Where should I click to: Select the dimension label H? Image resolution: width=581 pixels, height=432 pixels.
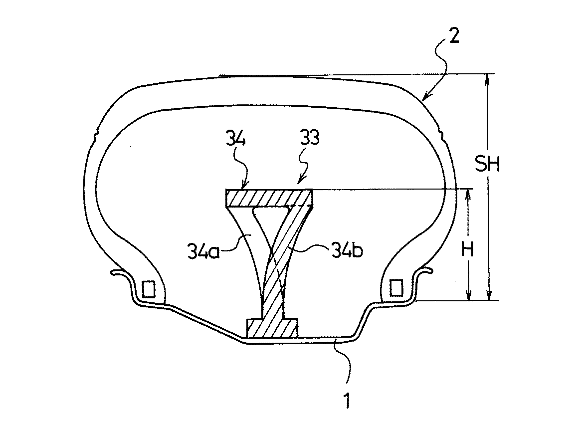coord(468,249)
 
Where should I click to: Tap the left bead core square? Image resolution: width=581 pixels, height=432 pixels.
coord(148,288)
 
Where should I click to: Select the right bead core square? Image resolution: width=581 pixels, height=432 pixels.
coord(395,287)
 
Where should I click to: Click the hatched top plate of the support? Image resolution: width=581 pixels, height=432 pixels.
coord(269,198)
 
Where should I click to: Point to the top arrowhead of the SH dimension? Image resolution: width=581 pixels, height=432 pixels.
coord(489,77)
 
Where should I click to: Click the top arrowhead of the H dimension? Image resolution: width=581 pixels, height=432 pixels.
coord(468,193)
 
